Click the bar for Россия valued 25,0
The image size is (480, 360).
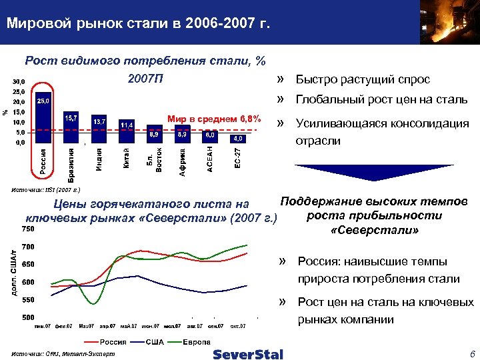click(43, 117)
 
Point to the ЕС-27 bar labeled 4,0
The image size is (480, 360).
click(237, 139)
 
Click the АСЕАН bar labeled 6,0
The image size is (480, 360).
click(210, 137)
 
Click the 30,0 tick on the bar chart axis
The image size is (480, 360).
click(18, 82)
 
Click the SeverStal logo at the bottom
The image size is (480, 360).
click(248, 353)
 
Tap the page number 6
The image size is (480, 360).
click(471, 353)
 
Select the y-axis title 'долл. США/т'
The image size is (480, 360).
click(11, 274)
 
